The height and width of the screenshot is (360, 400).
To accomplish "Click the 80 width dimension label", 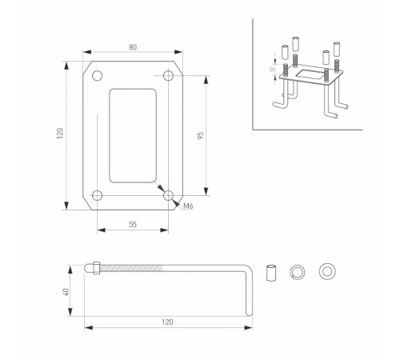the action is [x=133, y=47].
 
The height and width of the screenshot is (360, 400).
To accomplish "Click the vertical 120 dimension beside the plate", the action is [x=60, y=133].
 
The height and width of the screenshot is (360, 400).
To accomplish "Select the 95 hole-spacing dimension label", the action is [x=201, y=135].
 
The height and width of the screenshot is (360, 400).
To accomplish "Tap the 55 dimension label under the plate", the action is [x=133, y=225].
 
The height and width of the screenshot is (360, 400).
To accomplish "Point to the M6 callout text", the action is [x=188, y=206].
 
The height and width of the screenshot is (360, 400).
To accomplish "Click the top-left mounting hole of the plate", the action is [x=97, y=76].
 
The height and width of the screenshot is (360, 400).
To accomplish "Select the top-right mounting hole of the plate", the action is [x=168, y=76].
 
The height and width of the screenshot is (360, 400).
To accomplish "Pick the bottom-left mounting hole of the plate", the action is [x=97, y=195].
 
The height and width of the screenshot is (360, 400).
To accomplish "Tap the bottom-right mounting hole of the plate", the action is [x=168, y=195].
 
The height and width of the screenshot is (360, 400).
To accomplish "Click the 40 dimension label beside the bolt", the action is [x=66, y=292].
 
